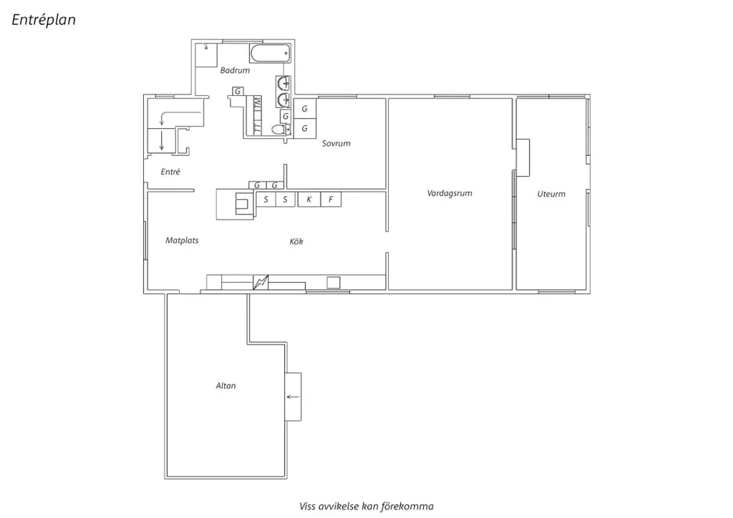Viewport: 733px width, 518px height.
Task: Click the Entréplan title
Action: click(44, 20)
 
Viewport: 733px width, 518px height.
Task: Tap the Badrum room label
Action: click(235, 71)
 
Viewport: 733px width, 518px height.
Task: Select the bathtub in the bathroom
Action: click(270, 54)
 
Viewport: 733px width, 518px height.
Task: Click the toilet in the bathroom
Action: click(281, 129)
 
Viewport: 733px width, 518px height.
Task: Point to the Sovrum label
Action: click(336, 143)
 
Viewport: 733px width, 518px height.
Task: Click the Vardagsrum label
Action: click(450, 193)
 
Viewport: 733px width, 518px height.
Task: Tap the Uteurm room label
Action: click(551, 194)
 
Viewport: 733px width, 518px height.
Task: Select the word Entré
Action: click(170, 172)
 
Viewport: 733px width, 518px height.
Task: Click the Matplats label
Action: click(182, 240)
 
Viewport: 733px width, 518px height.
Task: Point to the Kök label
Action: click(296, 242)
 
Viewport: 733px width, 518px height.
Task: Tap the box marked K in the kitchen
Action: click(309, 200)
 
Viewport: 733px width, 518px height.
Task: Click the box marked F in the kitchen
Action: click(331, 200)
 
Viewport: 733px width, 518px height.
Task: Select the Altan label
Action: click(225, 386)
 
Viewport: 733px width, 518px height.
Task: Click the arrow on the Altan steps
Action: click(293, 397)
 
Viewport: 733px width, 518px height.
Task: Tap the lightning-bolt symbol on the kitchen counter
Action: click(261, 282)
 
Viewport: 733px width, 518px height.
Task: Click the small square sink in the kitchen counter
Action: click(334, 283)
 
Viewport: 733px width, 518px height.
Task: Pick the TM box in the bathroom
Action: click(257, 104)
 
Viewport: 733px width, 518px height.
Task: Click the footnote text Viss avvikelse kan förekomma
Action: click(366, 507)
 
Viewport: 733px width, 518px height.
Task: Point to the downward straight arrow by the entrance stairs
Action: click(162, 141)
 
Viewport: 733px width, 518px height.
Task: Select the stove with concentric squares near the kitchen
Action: click(242, 204)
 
